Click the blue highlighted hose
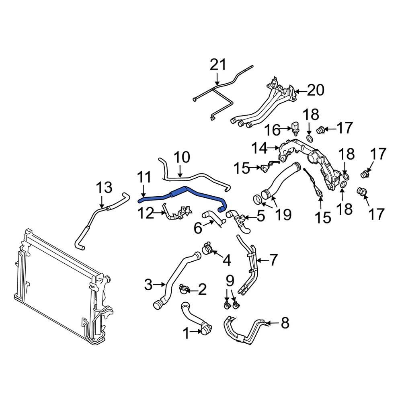pyautogui.click(x=189, y=194)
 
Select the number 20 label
pyautogui.click(x=315, y=91)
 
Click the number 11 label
pyautogui.click(x=144, y=177)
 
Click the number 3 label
pyautogui.click(x=148, y=285)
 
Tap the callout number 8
pyautogui.click(x=285, y=323)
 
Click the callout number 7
pyautogui.click(x=273, y=260)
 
